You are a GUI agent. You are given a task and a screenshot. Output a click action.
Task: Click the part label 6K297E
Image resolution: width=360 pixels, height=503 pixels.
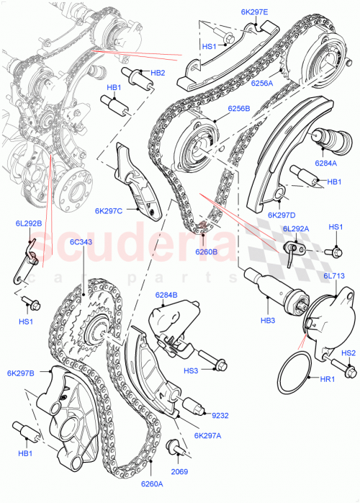[255, 12]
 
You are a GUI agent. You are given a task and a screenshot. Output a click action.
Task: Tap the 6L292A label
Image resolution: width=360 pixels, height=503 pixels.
[296, 228]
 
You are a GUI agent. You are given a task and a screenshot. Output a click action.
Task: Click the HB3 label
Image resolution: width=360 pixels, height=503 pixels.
[269, 320]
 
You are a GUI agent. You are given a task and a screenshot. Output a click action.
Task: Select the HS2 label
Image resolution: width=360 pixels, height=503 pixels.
[348, 353]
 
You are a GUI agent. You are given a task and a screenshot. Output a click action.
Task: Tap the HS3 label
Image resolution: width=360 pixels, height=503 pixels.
[190, 370]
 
